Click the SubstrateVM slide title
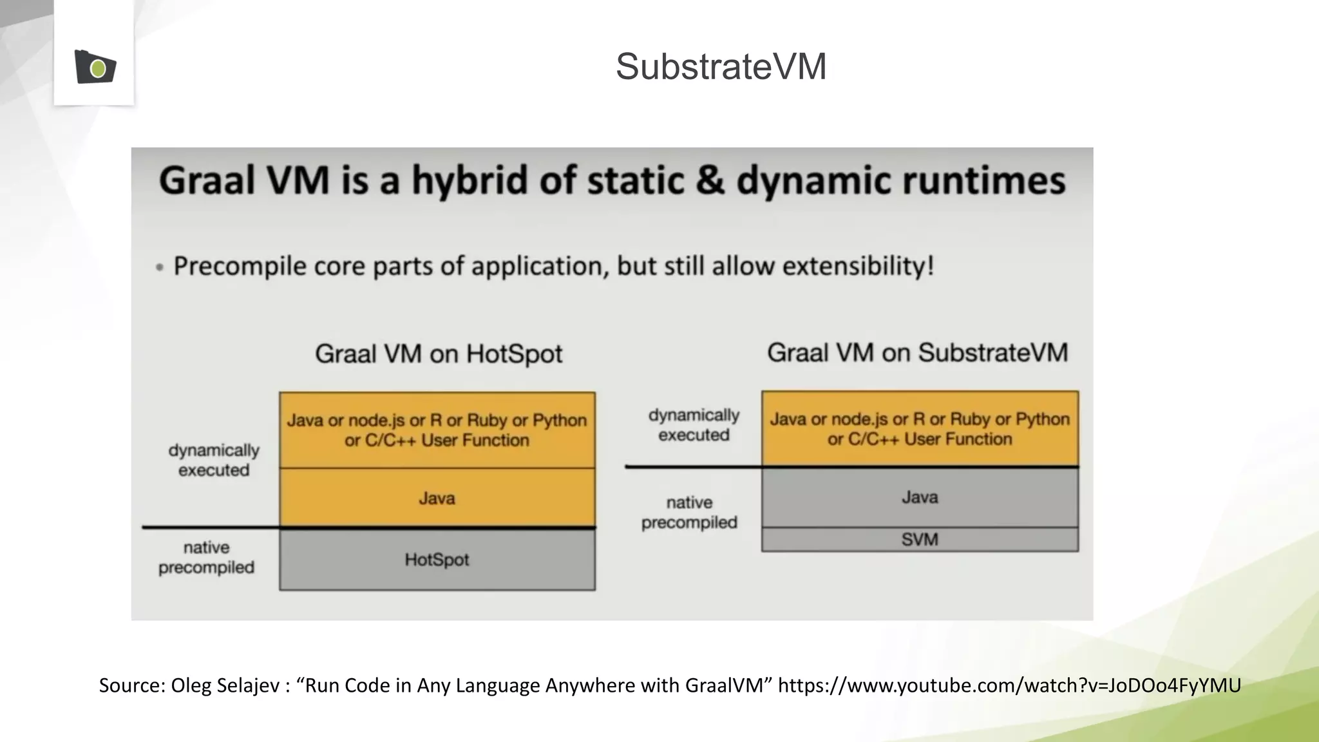point(721,66)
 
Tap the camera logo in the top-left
point(95,67)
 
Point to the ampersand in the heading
point(710,180)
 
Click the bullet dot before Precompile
point(160,267)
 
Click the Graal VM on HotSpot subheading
point(439,354)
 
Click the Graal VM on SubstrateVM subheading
point(917,353)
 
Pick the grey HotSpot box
point(437,559)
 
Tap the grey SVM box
point(920,540)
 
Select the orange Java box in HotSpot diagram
point(437,498)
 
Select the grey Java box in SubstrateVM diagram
point(920,497)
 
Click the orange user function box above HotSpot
point(437,430)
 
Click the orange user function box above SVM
point(920,429)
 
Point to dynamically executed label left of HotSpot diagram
point(214,460)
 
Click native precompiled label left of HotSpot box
point(207,557)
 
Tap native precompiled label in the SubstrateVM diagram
point(689,512)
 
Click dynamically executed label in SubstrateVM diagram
point(694,425)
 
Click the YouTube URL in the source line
point(1009,685)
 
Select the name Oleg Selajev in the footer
point(225,685)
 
